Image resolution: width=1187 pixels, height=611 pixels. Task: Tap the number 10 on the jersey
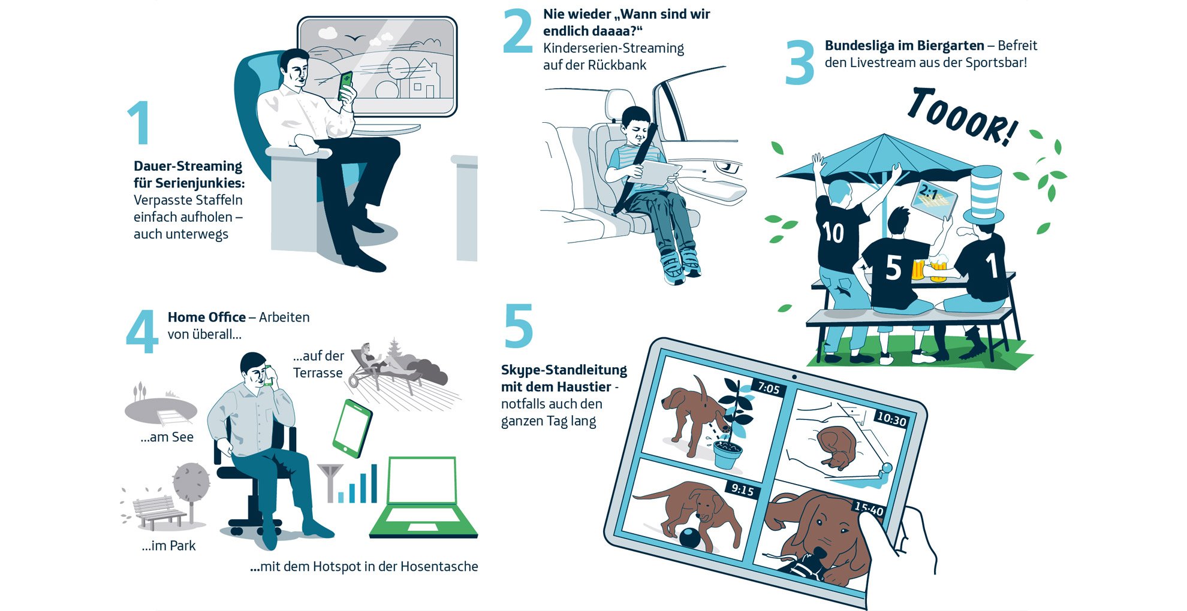[834, 232]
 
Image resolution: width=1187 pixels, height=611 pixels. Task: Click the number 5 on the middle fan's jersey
[893, 268]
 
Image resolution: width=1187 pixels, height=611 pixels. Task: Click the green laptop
[423, 497]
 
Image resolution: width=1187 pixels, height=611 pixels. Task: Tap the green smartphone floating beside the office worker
[352, 428]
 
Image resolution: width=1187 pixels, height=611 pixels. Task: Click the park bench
[158, 512]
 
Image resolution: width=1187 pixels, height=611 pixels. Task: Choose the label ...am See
[167, 437]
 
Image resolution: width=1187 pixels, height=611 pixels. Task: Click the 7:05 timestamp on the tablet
[769, 388]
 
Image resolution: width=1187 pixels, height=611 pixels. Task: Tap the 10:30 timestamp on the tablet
[891, 419]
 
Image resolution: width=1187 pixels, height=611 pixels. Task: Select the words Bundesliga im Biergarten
[904, 46]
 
